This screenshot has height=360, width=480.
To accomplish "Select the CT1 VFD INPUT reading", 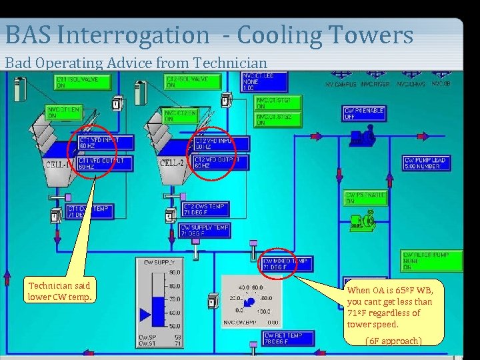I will tap(105, 143).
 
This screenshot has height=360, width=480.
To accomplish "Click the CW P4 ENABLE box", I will tap(365, 113).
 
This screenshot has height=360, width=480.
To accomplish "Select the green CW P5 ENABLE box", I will tap(365, 198).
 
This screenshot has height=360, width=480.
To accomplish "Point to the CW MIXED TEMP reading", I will tap(287, 264).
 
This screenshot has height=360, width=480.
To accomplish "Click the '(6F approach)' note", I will tap(393, 341).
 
